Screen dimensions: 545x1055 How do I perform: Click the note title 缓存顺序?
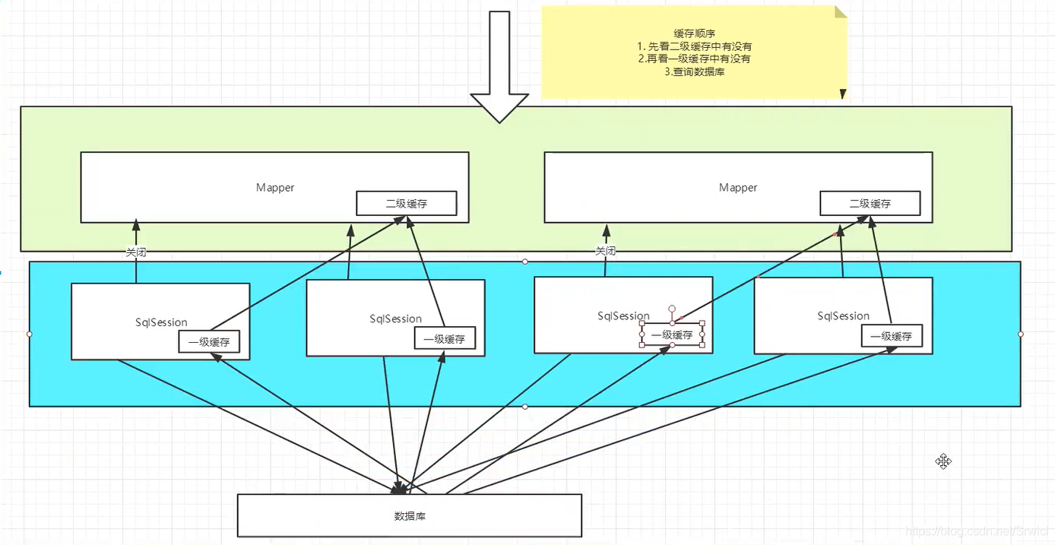[x=692, y=33]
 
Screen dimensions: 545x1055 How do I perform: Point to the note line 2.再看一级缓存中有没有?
[x=694, y=59]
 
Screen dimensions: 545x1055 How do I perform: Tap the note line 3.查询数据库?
[x=693, y=71]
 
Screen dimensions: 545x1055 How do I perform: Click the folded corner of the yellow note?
[x=841, y=11]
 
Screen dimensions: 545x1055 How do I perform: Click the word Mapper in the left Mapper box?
[x=275, y=188]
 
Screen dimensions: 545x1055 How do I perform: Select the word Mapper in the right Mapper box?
[x=738, y=188]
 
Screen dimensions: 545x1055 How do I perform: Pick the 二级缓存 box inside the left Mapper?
[x=407, y=204]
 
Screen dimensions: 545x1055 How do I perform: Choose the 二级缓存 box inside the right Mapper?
[x=870, y=204]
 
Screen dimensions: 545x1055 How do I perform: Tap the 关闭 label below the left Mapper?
[x=136, y=252]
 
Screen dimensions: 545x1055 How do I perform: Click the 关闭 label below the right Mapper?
[x=605, y=252]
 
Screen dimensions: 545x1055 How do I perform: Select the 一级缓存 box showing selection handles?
[x=672, y=334]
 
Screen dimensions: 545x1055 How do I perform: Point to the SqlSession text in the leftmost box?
[x=161, y=322]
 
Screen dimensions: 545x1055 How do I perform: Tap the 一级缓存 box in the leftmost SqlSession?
[x=209, y=343]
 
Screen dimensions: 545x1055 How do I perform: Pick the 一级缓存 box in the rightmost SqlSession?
[x=892, y=337]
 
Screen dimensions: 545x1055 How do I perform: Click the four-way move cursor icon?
[x=943, y=461]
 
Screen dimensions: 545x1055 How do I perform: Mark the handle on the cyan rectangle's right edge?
[x=1021, y=334]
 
